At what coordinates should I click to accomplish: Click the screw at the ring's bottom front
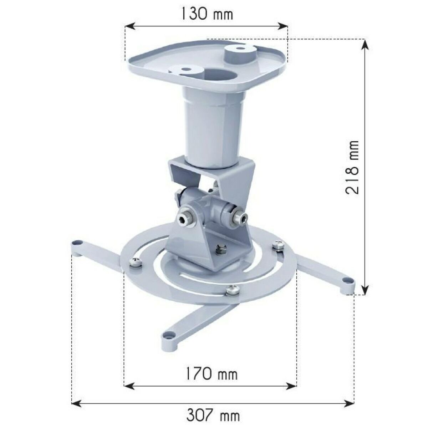click(232, 290)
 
